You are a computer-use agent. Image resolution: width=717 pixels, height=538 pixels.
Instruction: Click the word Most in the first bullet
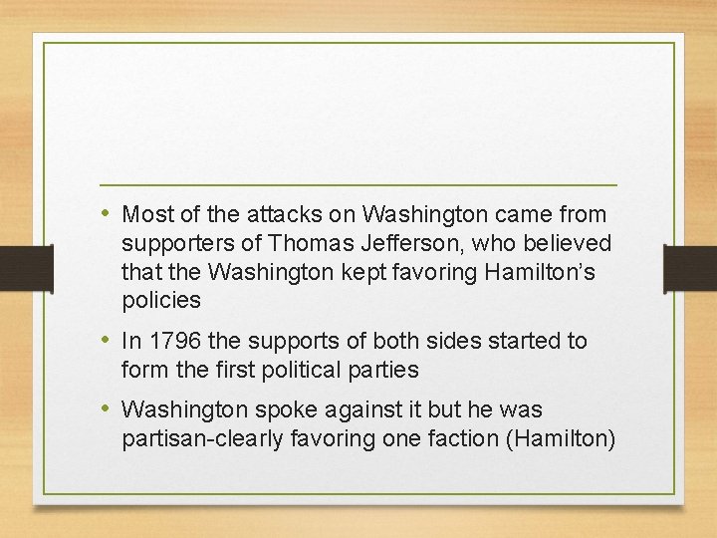click(145, 215)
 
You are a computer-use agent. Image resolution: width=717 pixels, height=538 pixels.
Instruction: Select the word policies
click(161, 300)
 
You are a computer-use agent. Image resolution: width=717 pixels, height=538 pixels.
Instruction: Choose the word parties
click(384, 369)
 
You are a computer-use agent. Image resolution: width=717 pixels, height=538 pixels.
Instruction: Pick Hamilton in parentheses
click(558, 438)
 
